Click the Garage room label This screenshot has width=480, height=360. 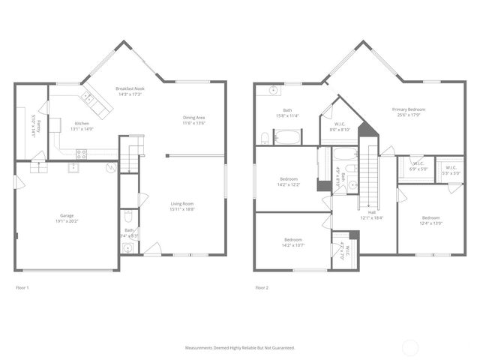[x=67, y=215]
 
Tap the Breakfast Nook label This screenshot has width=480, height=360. [x=129, y=88]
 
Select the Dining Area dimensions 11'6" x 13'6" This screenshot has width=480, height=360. [x=194, y=122]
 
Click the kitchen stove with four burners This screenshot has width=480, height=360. [x=81, y=153]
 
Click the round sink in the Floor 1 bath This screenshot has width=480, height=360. [x=128, y=247]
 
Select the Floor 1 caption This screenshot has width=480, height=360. [x=23, y=287]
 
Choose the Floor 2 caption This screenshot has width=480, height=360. [x=262, y=287]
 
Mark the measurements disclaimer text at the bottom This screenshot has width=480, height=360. [x=240, y=348]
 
